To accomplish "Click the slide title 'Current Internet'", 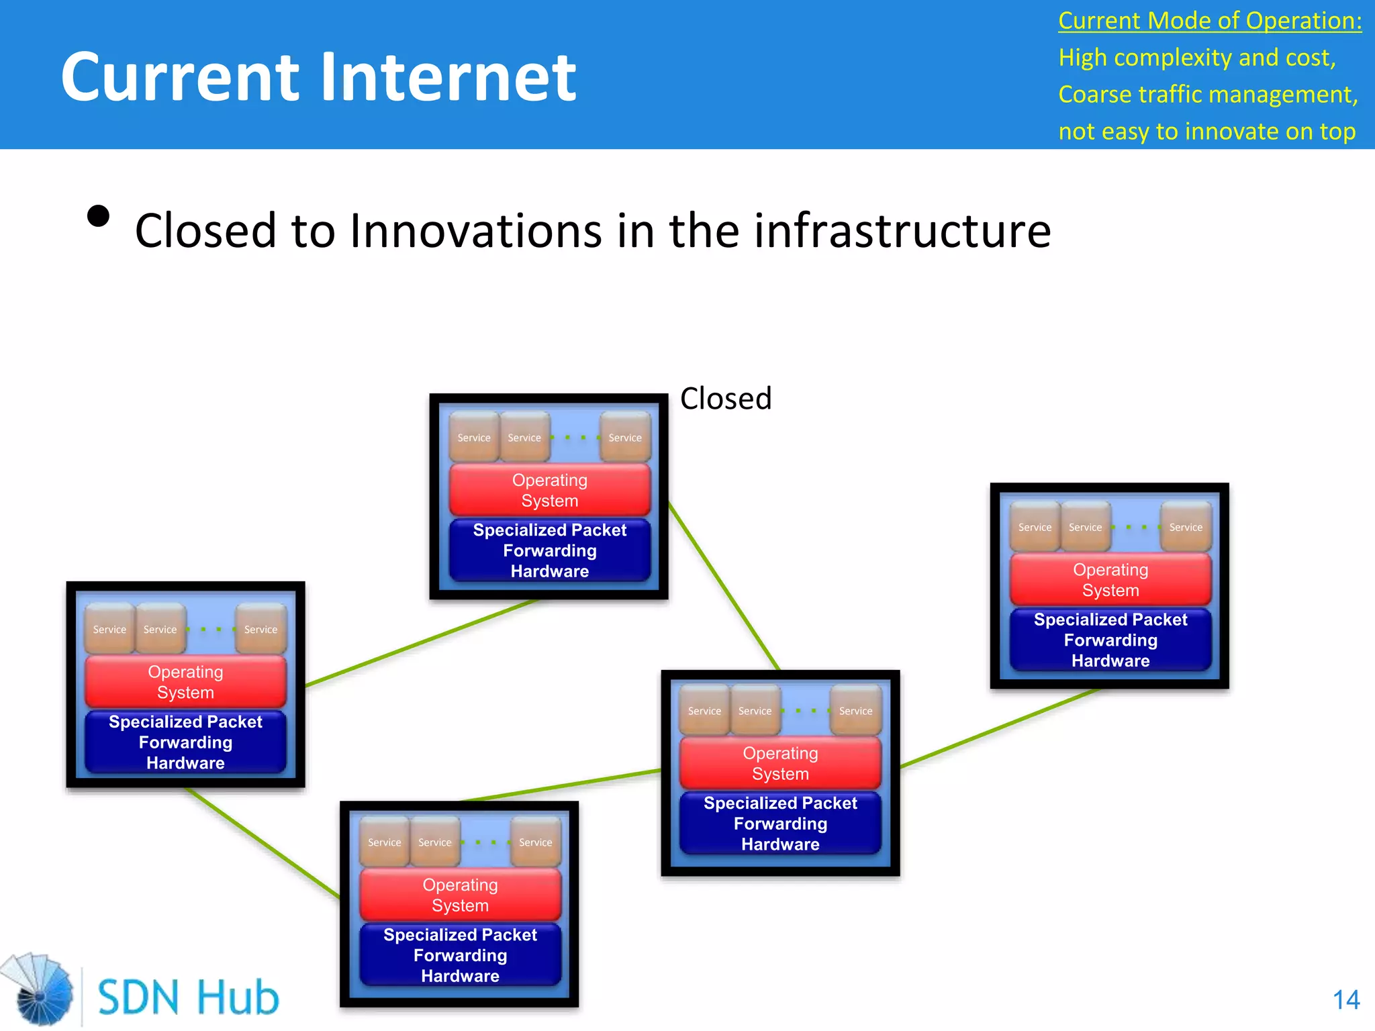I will (x=318, y=77).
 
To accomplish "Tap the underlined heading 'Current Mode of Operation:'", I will (x=1210, y=21).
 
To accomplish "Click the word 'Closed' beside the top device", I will (x=726, y=399).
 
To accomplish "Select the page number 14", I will (x=1345, y=1000).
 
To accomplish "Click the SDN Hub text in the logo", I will (x=188, y=997).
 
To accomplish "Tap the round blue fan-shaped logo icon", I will (x=40, y=989).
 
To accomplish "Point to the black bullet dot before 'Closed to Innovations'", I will (x=99, y=216).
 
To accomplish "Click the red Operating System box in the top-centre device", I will (x=550, y=490).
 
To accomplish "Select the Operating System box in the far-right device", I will (x=1110, y=580).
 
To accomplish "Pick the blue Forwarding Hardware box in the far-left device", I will (x=185, y=742).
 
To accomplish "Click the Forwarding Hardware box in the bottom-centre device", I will (x=460, y=955).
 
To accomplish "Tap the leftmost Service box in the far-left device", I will (x=109, y=629).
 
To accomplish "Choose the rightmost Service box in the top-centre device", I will (x=625, y=437).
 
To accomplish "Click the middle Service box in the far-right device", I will (x=1085, y=527).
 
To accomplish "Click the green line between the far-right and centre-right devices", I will (x=1000, y=728).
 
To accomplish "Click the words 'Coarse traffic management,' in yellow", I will (x=1208, y=95).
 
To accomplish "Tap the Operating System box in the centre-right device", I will (x=780, y=763).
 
